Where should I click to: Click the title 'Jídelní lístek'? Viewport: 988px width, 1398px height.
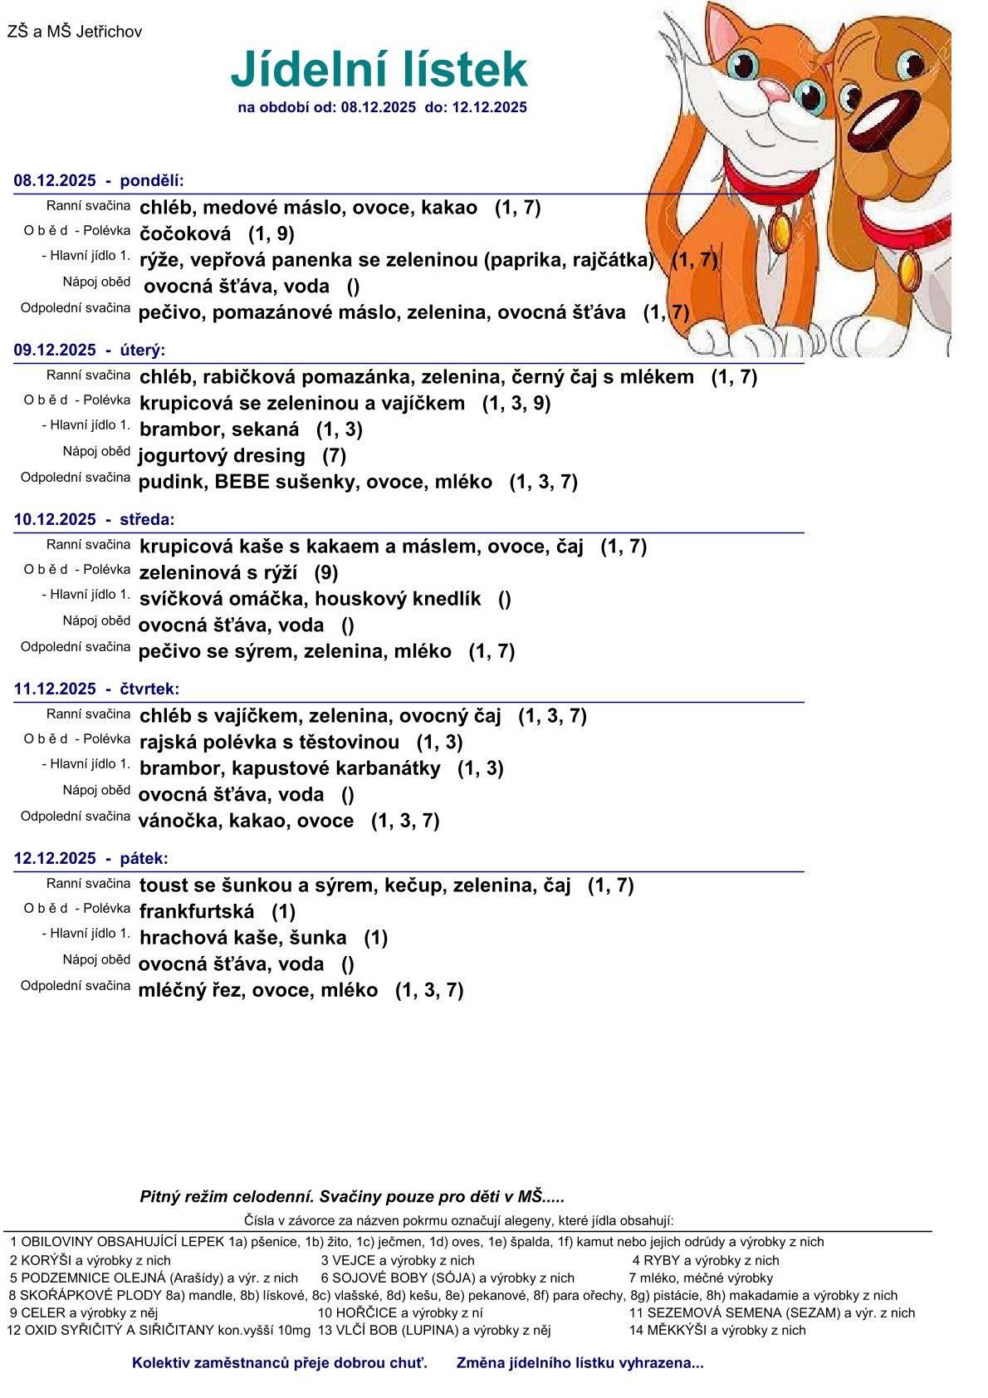click(379, 69)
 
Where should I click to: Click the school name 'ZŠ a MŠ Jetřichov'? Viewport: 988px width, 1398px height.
click(75, 32)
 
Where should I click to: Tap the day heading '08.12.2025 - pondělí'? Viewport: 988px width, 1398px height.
click(99, 181)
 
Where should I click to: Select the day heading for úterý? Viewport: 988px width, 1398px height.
click(90, 351)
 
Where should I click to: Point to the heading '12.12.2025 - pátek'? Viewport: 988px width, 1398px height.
click(91, 859)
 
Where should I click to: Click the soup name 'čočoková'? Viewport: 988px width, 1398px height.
click(185, 234)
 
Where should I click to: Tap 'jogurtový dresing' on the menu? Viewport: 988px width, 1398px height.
click(222, 456)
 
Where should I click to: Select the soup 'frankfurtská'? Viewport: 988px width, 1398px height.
click(197, 912)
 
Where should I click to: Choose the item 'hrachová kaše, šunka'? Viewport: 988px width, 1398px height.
click(242, 938)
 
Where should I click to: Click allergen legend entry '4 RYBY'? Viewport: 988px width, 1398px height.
click(706, 1261)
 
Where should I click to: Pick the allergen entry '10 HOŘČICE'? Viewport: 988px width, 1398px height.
click(400, 1313)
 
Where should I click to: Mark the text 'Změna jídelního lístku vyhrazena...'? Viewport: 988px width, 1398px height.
click(580, 1363)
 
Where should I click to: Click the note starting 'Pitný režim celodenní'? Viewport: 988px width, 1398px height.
click(352, 1197)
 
